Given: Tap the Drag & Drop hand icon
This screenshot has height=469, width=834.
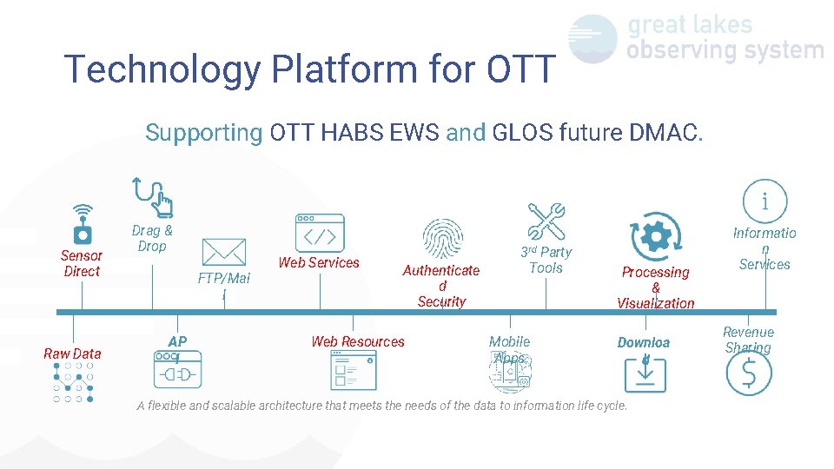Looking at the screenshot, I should (153, 196).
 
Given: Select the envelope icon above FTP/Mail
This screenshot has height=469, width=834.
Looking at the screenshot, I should (223, 252).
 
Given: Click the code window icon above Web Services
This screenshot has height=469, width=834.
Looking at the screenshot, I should (319, 233).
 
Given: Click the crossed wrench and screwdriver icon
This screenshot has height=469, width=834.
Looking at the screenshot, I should (546, 221).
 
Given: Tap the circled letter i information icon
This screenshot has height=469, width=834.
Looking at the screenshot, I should (764, 201).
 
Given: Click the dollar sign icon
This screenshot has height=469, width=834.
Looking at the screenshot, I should (748, 373).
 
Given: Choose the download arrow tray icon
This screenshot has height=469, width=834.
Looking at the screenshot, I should (645, 373).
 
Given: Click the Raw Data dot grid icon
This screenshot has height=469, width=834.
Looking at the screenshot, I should (73, 382).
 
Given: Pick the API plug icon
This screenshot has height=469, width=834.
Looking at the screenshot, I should (177, 369).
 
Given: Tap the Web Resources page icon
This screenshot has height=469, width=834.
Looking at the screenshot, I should (354, 370).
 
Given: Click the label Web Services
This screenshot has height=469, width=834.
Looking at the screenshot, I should (319, 262).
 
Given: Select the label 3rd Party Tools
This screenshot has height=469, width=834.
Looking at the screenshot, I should (546, 260).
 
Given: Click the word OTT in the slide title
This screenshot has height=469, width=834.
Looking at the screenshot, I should (520, 69).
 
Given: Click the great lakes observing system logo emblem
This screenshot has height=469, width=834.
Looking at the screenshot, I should (592, 39).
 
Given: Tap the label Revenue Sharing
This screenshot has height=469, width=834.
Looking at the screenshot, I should (748, 340).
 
